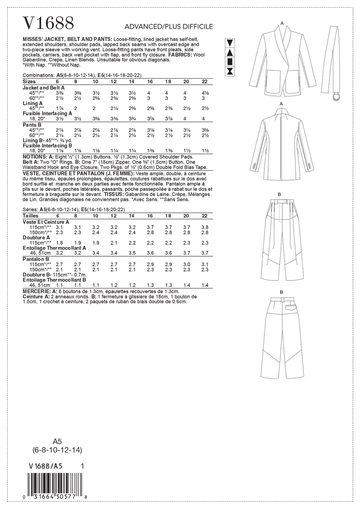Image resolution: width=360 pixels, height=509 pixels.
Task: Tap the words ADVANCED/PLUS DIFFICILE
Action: (168, 27)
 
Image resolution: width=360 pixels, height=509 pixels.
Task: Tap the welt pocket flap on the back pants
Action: (291, 307)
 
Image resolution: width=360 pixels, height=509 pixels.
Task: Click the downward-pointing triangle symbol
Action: (230, 43)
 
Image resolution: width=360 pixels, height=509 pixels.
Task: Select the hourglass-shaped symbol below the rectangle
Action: (230, 71)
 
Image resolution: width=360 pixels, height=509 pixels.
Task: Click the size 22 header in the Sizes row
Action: (205, 82)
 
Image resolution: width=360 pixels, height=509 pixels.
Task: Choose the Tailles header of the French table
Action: (31, 216)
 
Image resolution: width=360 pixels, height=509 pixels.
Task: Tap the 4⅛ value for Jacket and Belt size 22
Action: (205, 93)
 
